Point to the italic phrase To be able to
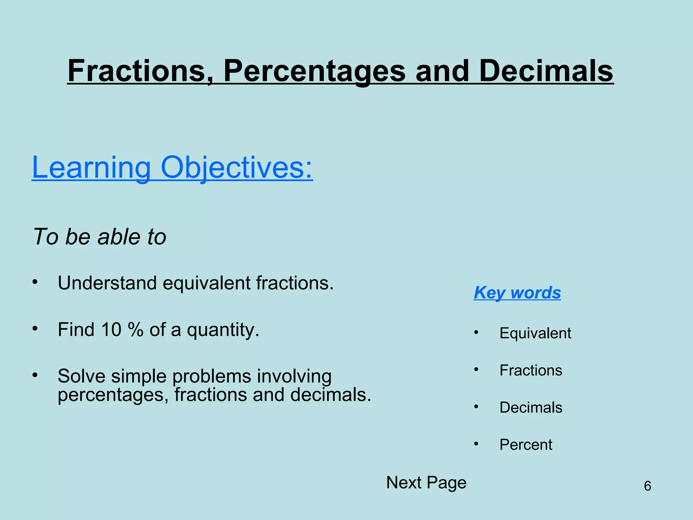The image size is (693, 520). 100,237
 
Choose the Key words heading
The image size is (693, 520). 517,293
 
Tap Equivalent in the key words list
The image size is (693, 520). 535,333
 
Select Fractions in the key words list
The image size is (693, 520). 531,370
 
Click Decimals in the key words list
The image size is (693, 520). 531,408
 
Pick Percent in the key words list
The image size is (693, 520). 526,445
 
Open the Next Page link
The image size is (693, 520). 426,483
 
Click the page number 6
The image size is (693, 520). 647,486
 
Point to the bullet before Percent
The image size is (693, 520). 476,444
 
